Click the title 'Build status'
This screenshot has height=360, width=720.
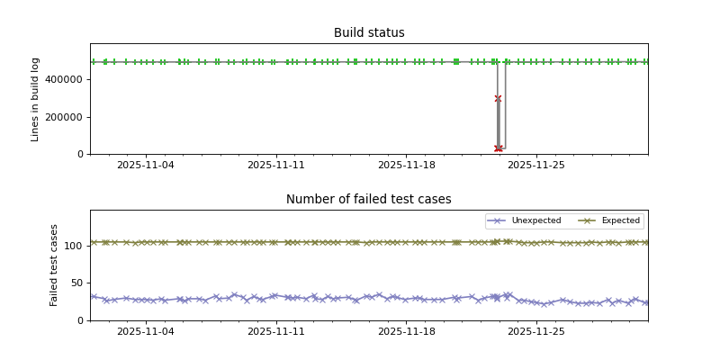tap(369, 33)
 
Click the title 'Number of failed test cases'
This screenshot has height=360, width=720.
tap(369, 200)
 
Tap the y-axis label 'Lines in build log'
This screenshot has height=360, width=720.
tap(36, 99)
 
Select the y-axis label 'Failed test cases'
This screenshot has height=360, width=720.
tap(54, 265)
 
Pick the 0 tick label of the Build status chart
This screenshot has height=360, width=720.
tap(80, 155)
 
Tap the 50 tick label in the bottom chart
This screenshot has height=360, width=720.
tap(76, 283)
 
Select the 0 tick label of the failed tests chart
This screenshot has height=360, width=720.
tap(80, 320)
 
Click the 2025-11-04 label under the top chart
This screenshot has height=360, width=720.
tap(146, 166)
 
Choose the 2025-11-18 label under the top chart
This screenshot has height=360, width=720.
tap(407, 166)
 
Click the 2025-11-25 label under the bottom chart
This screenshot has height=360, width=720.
tap(536, 332)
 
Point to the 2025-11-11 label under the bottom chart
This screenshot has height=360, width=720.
tap(276, 332)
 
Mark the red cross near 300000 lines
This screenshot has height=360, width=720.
tap(498, 99)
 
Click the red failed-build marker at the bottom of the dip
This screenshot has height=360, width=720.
tap(499, 148)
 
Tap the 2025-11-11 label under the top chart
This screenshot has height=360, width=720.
tap(276, 166)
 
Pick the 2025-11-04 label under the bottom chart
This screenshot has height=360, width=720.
tap(146, 332)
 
